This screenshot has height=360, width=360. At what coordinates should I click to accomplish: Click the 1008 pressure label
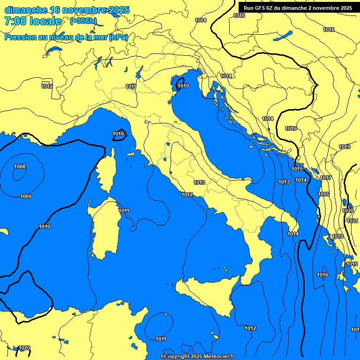[x=20, y=166]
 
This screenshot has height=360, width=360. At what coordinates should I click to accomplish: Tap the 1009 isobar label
[x=26, y=196]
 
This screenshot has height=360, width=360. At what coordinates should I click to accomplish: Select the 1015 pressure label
[x=297, y=169]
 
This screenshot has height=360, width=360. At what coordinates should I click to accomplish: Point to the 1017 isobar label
[x=326, y=178]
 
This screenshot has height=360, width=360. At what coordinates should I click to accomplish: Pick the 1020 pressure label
[x=348, y=210]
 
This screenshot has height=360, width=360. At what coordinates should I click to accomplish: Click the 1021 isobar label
[x=352, y=221]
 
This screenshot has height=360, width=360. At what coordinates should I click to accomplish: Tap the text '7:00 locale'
[x=33, y=21]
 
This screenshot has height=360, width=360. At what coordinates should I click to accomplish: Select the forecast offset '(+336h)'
[x=83, y=21]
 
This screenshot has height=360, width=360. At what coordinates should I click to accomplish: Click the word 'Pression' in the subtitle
[x=20, y=37]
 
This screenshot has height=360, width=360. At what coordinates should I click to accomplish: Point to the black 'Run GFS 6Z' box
[x=298, y=8]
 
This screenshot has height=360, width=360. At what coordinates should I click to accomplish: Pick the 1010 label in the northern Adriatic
[x=183, y=86]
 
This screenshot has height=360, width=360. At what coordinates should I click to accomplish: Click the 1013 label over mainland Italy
[x=199, y=182]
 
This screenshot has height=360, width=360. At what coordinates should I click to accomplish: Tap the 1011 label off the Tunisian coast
[x=161, y=339]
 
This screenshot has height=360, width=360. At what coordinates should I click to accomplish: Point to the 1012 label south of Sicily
[x=250, y=328]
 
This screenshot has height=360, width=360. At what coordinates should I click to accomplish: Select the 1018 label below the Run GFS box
[x=329, y=30]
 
